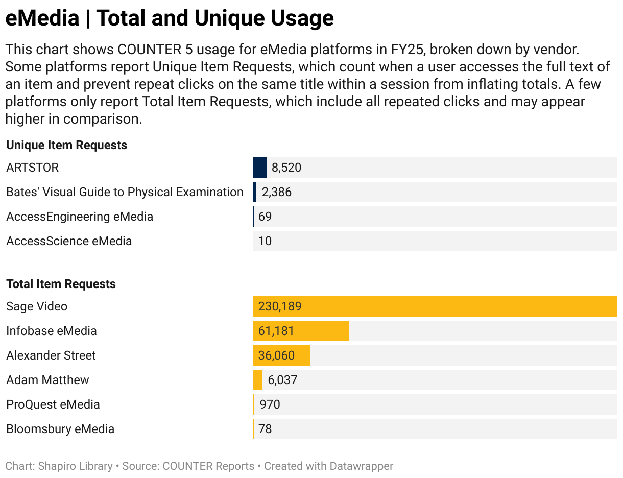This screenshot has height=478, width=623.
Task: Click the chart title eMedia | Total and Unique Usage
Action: [170, 18]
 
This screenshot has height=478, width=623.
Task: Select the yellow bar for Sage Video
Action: [435, 306]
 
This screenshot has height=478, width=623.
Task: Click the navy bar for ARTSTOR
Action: [260, 168]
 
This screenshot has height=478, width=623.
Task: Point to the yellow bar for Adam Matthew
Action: [258, 380]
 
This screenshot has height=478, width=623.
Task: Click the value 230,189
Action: [280, 306]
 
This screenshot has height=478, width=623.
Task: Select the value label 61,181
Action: [276, 331]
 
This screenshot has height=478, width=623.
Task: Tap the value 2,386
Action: [276, 192]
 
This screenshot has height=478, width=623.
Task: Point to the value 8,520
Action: [286, 168]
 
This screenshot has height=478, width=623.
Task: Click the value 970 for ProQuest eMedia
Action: [270, 404]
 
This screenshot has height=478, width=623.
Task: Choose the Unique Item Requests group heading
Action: [66, 145]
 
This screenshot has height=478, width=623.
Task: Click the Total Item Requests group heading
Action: [61, 284]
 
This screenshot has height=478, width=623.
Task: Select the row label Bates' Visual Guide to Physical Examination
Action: [125, 192]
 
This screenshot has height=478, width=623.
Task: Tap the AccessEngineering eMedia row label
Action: [80, 217]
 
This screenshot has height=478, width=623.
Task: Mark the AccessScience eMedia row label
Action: [69, 241]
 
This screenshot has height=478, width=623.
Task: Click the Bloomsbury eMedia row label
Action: [60, 429]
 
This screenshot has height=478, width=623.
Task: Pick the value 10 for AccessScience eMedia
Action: [265, 241]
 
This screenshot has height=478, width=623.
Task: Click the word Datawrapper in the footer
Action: [361, 466]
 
